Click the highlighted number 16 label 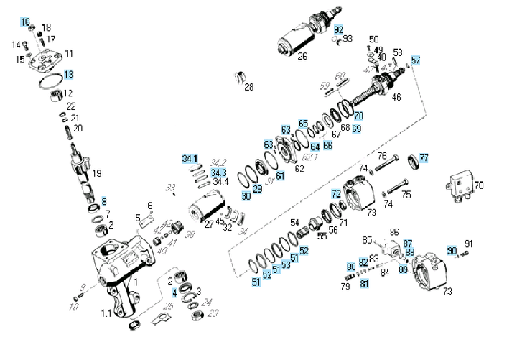pos(26,23)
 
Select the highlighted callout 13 pos(68,74)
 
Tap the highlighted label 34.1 pos(190,158)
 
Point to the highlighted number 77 pos(424,158)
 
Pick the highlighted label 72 pos(336,194)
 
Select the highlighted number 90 pos(452,250)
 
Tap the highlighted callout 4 pos(174,292)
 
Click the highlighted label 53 pos(286,265)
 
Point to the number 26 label pos(302,57)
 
